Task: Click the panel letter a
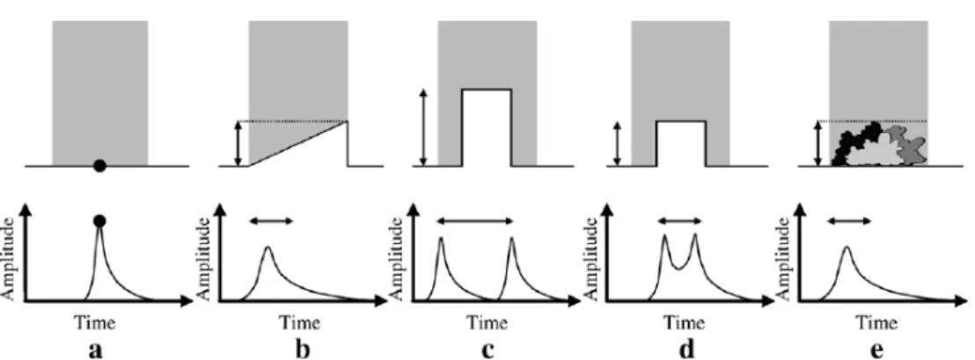[95, 350]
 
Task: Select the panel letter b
[302, 349]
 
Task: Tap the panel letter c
[487, 350]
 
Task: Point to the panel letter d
[686, 349]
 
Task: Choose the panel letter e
[876, 350]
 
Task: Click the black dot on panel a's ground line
[99, 165]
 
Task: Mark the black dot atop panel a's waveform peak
[99, 221]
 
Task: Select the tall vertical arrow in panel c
[423, 128]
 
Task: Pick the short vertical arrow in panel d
[617, 143]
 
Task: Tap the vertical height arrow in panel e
[819, 143]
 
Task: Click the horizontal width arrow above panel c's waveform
[474, 220]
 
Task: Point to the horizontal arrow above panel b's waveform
[270, 220]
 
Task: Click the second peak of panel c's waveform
[512, 239]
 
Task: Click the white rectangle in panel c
[487, 128]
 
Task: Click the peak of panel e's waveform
[847, 247]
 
